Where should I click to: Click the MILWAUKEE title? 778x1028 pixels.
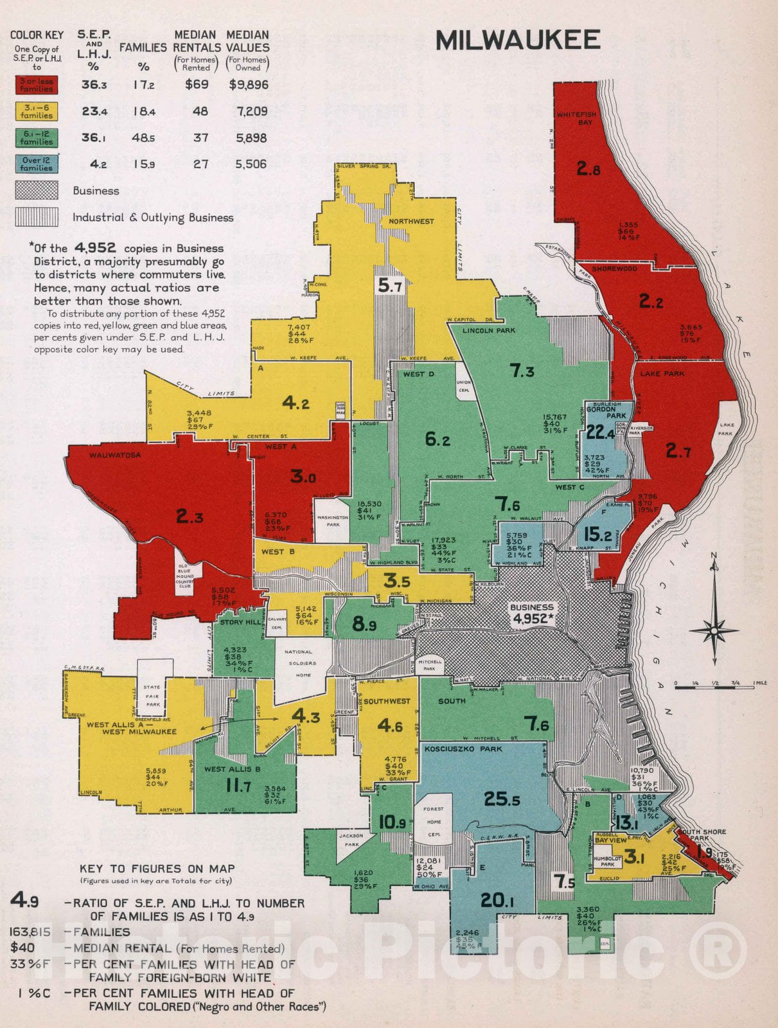[517, 40]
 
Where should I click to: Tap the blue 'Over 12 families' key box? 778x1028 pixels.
[37, 164]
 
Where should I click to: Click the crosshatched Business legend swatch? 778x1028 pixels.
[37, 191]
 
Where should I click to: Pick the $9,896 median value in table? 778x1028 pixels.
[249, 85]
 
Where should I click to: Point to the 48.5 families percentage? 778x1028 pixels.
[144, 138]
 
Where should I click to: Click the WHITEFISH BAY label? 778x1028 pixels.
[576, 118]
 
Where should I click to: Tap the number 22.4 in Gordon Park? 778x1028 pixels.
[600, 433]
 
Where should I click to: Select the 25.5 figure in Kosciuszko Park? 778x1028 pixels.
[502, 799]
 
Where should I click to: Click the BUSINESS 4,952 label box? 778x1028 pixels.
[532, 614]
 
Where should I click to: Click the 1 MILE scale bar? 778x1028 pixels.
[714, 687]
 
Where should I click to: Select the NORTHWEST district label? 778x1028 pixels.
[411, 222]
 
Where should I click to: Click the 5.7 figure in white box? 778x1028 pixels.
[390, 285]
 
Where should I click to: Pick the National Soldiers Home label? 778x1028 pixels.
[299, 663]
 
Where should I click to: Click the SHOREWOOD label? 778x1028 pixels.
[614, 269]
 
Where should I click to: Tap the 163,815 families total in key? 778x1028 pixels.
[30, 932]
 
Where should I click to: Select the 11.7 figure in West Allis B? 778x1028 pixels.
[238, 786]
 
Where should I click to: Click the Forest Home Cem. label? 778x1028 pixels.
[434, 821]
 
